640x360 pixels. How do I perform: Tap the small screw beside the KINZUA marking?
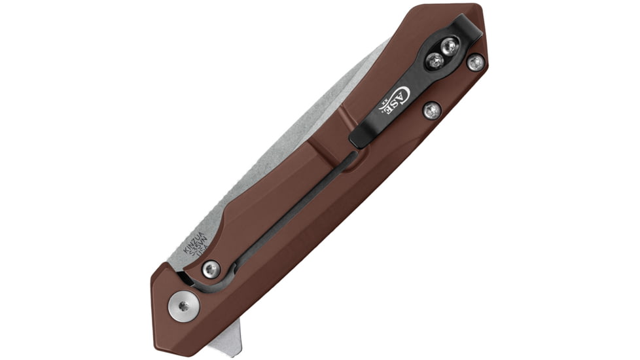pyautogui.click(x=211, y=268)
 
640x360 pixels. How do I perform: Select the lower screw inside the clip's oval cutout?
pyautogui.click(x=435, y=62)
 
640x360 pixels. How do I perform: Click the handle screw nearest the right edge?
pyautogui.click(x=475, y=62)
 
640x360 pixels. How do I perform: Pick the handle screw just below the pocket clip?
pyautogui.click(x=431, y=110)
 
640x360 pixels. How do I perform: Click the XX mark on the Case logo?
pyautogui.click(x=382, y=103)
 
